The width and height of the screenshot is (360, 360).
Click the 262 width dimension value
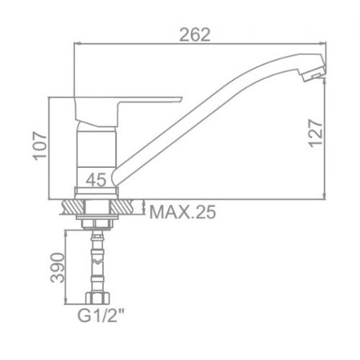click(195, 35)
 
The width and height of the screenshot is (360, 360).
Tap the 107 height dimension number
click(40, 146)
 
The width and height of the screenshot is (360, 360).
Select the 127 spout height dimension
click(315, 134)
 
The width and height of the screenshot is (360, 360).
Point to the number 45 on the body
click(96, 180)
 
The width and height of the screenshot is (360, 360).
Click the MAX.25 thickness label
click(182, 212)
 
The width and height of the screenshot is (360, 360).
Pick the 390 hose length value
click(58, 268)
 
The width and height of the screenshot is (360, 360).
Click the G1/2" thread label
click(101, 315)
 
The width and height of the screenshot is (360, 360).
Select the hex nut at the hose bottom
click(98, 298)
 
